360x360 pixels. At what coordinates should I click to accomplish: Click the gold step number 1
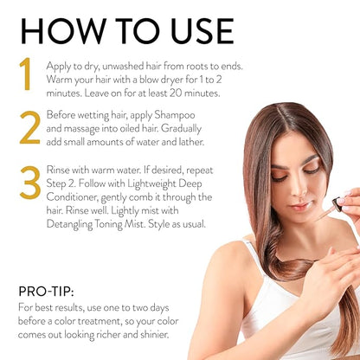pyautogui.click(x=25, y=74)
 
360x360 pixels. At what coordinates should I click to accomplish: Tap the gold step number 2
pyautogui.click(x=29, y=127)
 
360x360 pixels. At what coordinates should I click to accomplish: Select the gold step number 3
pyautogui.click(x=30, y=183)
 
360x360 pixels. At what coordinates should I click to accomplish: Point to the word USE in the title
pyautogui.click(x=202, y=31)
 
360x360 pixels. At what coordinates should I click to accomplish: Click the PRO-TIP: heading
pyautogui.click(x=46, y=292)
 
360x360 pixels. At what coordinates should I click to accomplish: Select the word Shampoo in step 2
pyautogui.click(x=175, y=115)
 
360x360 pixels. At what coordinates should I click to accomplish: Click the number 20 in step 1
pyautogui.click(x=176, y=93)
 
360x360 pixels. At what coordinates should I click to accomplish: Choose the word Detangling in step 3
pyautogui.click(x=69, y=224)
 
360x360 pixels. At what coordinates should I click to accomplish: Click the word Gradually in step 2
pyautogui.click(x=181, y=129)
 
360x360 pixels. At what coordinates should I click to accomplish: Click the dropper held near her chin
pyautogui.click(x=330, y=209)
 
